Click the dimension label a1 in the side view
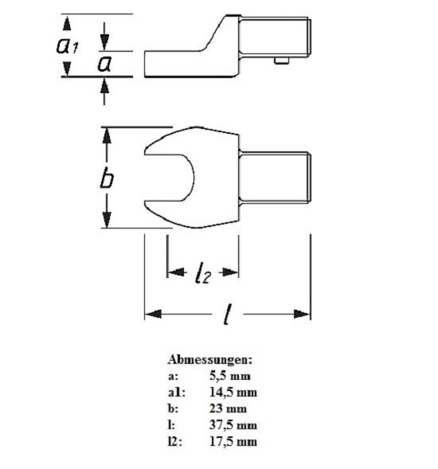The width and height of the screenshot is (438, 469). pos(68,45)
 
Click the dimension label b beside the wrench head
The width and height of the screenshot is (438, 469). pos(107,178)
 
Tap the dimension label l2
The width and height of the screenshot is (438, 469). pos(203,272)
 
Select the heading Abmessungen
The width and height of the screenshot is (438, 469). pos(209,360)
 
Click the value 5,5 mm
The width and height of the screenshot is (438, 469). pos(230,376)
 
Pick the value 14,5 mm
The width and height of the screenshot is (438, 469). pos(233,392)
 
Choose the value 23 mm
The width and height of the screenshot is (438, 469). pos(228,408)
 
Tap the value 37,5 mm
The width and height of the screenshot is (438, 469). pos(233,425)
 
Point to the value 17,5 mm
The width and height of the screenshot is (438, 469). pos(233,441)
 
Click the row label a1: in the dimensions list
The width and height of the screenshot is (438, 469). pos(177,393)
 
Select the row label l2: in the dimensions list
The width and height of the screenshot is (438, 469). pos(175,441)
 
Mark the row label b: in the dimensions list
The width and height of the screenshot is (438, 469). pos(173,408)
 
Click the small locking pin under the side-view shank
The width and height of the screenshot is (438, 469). pos(282,61)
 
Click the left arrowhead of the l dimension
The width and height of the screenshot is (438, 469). pos(153,314)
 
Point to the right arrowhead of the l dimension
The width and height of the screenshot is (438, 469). pos(302,314)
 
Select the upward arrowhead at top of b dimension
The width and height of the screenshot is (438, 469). pos(107,135)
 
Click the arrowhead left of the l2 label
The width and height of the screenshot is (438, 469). pos(176,272)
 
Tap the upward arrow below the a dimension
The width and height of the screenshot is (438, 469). pos(104,85)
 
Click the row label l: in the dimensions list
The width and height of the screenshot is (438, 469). pos(171,425)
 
